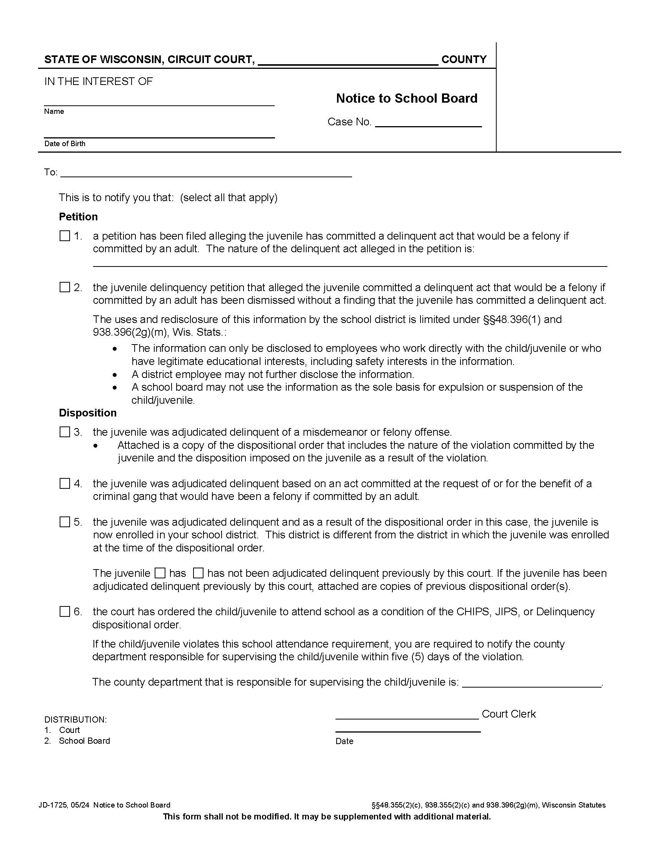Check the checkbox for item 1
65,236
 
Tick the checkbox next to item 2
65,287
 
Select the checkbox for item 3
65,432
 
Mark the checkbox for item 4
65,483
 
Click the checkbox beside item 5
65,522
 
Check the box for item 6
65,612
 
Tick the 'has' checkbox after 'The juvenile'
160,573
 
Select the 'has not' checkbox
198,573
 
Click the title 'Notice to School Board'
406,98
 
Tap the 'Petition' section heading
78,216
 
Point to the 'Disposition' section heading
88,413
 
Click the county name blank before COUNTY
347,61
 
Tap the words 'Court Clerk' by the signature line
508,714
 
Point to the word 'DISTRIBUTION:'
75,720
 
